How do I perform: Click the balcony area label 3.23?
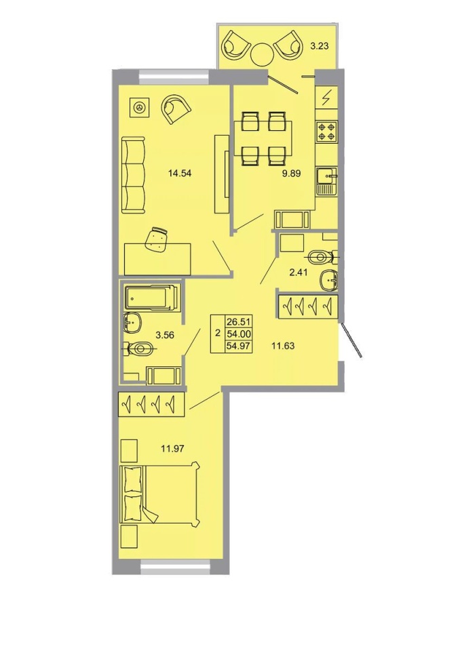pyautogui.click(x=320, y=46)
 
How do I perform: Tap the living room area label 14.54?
pyautogui.click(x=180, y=174)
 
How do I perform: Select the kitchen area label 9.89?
pyautogui.click(x=291, y=174)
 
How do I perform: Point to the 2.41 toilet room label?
pyautogui.click(x=299, y=273)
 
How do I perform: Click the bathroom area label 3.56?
pyautogui.click(x=165, y=334)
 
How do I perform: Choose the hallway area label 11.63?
pyautogui.click(x=283, y=345)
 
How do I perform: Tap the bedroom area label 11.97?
pyautogui.click(x=172, y=448)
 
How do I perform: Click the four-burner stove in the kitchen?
pyautogui.click(x=326, y=131)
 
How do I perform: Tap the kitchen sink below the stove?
pyautogui.click(x=326, y=182)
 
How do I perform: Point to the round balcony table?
pyautogui.click(x=262, y=54)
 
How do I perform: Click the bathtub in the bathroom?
pyautogui.click(x=152, y=297)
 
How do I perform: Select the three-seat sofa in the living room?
pyautogui.click(x=134, y=175)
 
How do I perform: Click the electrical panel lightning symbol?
pyautogui.click(x=326, y=98)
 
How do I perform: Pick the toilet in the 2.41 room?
pyautogui.click(x=323, y=257)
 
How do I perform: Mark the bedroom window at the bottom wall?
pyautogui.click(x=174, y=568)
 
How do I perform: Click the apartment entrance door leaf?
pyautogui.click(x=351, y=340)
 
